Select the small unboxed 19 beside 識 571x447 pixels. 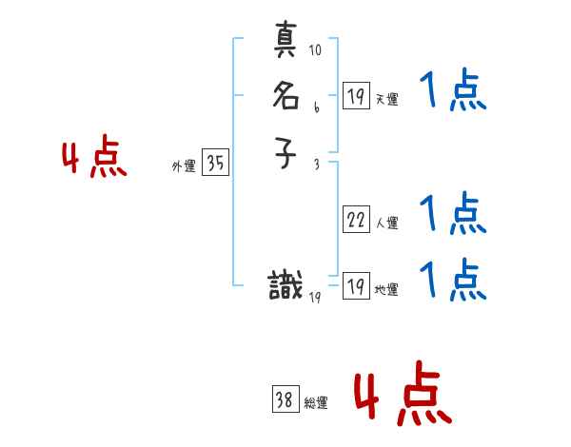click(315, 298)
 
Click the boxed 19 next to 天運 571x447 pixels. click(356, 95)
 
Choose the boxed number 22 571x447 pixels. click(356, 221)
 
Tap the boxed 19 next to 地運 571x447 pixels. click(356, 286)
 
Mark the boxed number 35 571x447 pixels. click(215, 164)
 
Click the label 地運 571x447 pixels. click(386, 290)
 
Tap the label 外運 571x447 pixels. click(183, 166)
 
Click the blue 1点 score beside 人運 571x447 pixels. click(453, 213)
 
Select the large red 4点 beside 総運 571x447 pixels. click(403, 398)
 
